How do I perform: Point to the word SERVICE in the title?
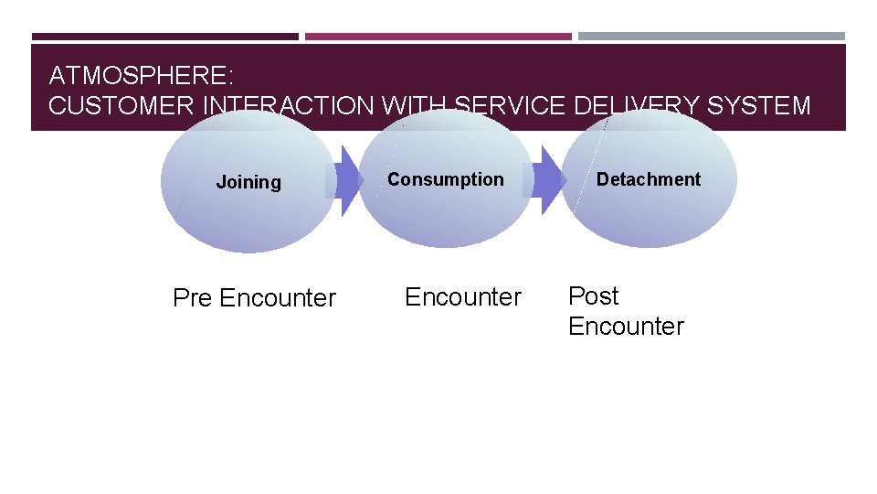(x=508, y=106)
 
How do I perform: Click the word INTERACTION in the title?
(x=288, y=106)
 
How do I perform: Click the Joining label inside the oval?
(x=248, y=182)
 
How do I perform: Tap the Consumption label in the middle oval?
(x=445, y=179)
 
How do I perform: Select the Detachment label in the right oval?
(x=649, y=179)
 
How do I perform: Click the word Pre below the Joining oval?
(x=193, y=298)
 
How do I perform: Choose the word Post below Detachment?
(x=593, y=296)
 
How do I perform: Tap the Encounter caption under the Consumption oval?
(x=463, y=297)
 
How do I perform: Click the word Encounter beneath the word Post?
(x=626, y=327)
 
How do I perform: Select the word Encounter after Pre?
(x=278, y=298)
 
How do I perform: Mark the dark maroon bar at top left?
(x=165, y=37)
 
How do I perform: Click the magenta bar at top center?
(x=438, y=37)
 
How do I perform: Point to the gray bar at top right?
(x=712, y=37)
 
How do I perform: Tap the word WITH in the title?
(x=415, y=106)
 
